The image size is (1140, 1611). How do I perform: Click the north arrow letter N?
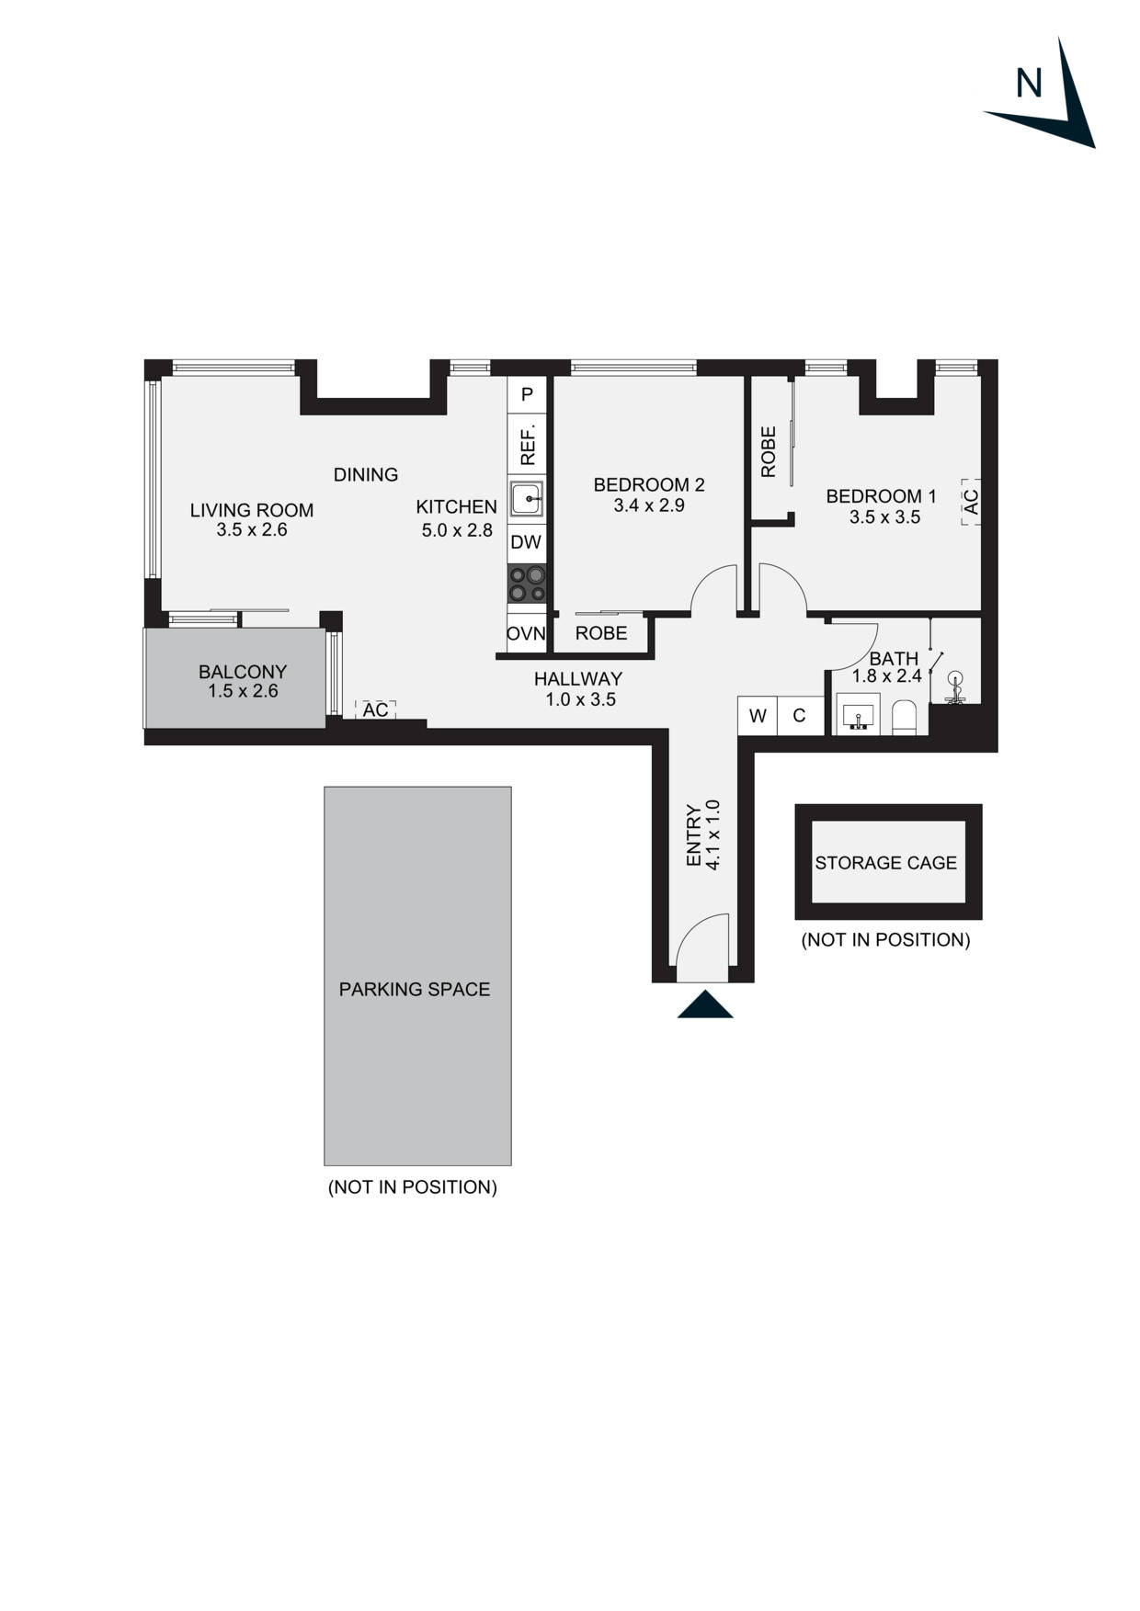coord(1029,84)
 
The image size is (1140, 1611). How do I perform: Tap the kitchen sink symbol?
coord(527,499)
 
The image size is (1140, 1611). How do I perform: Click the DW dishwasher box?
coord(526,542)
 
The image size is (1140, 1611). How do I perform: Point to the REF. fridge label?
coord(528,445)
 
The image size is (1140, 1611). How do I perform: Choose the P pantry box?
coord(527,394)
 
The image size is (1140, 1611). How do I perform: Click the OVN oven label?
coord(526,633)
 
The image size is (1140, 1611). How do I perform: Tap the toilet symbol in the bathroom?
coord(905,718)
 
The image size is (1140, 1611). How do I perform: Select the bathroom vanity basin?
coord(860,715)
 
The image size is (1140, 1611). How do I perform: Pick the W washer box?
coord(758,716)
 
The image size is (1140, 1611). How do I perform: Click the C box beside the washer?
coord(799,716)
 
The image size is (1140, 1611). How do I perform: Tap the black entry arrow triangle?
coord(705,1005)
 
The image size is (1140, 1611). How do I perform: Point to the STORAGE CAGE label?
coord(885,863)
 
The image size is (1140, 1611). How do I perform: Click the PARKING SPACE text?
coord(415,990)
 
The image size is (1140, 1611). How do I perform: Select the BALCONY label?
coord(243,672)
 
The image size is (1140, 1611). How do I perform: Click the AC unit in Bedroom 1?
coord(971,502)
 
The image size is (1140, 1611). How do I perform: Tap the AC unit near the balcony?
coord(375,710)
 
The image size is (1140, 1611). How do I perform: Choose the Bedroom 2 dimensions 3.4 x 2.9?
coord(649,505)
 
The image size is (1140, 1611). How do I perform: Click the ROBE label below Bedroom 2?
coord(601,633)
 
